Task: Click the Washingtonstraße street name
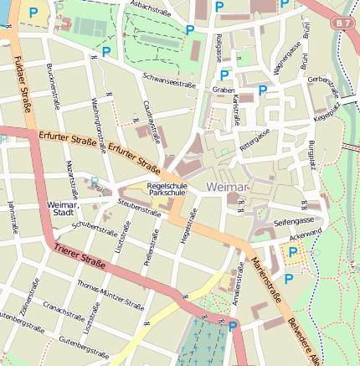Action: click(96, 125)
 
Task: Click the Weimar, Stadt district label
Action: click(64, 209)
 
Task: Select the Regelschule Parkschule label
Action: click(166, 188)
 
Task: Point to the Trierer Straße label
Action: click(79, 255)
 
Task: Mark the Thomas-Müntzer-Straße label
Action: click(110, 295)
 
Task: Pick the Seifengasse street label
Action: click(292, 222)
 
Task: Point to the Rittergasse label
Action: click(254, 137)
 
